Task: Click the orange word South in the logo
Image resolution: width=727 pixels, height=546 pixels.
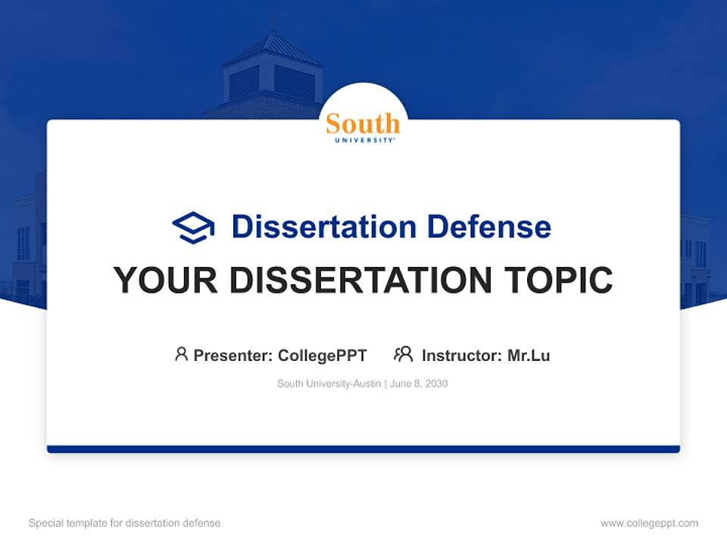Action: click(363, 124)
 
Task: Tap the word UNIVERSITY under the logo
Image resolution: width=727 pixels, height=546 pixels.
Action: click(363, 140)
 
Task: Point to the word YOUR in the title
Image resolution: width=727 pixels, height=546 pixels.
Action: click(166, 281)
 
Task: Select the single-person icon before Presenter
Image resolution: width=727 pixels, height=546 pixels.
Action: click(181, 354)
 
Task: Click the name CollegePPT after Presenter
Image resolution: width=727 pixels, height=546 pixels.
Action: click(323, 355)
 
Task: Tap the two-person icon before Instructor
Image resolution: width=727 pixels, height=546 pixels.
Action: click(403, 354)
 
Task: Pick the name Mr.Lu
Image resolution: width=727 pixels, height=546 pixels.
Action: click(529, 355)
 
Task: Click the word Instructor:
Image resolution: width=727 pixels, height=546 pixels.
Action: click(462, 355)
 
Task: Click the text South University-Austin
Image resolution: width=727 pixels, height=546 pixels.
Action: click(329, 384)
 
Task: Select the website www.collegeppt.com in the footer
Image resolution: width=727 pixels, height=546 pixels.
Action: click(649, 523)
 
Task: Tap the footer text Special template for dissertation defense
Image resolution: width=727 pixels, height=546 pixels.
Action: click(125, 523)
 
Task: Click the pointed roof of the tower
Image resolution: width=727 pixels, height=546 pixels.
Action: click(272, 47)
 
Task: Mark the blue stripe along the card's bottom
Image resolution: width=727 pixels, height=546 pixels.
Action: click(363, 449)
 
